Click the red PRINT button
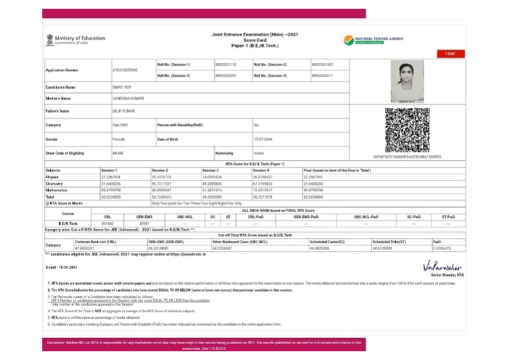(x=451, y=54)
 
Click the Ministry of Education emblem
(x=50, y=40)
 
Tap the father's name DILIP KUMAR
(x=125, y=111)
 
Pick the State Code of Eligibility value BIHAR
(x=119, y=153)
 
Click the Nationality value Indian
(x=258, y=153)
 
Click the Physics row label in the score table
(x=52, y=177)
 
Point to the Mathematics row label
(x=56, y=190)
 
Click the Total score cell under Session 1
(x=111, y=197)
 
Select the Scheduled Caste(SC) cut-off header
(x=327, y=242)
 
